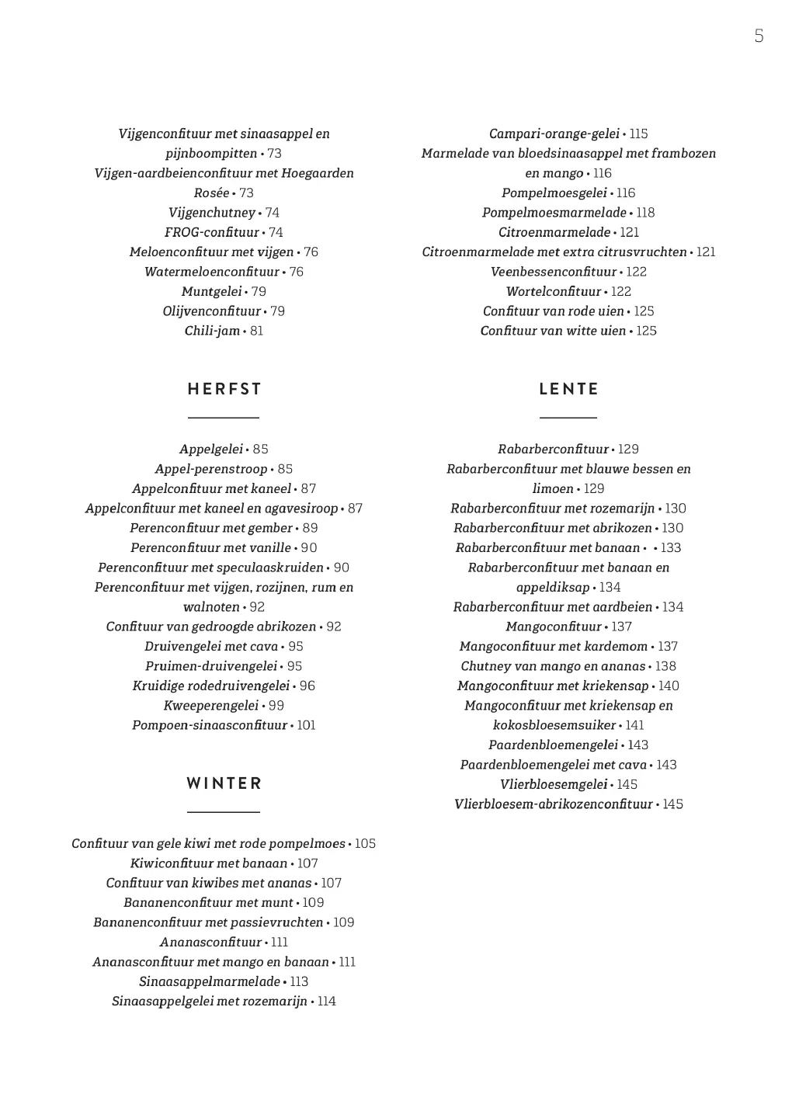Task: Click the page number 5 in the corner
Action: tap(759, 36)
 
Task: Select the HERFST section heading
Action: tap(224, 389)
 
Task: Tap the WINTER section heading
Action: tap(224, 783)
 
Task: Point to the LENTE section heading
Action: tap(568, 389)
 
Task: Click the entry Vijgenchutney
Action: tap(212, 213)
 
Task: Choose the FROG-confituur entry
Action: tap(212, 232)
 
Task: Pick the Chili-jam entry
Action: tap(212, 331)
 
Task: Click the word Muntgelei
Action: tap(211, 291)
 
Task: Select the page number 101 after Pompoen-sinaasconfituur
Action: tap(306, 725)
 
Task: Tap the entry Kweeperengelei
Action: tap(210, 706)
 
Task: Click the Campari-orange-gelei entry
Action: tap(554, 134)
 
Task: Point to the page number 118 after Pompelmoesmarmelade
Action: tap(645, 213)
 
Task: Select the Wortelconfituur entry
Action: tap(554, 291)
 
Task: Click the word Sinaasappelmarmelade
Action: tap(210, 981)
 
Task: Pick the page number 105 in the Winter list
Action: tap(365, 843)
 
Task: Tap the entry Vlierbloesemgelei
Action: tap(554, 784)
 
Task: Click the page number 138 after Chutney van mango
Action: tap(665, 666)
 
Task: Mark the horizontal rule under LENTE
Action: tap(568, 418)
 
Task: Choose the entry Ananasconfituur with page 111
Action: tap(211, 942)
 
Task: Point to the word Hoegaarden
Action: tap(318, 173)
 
